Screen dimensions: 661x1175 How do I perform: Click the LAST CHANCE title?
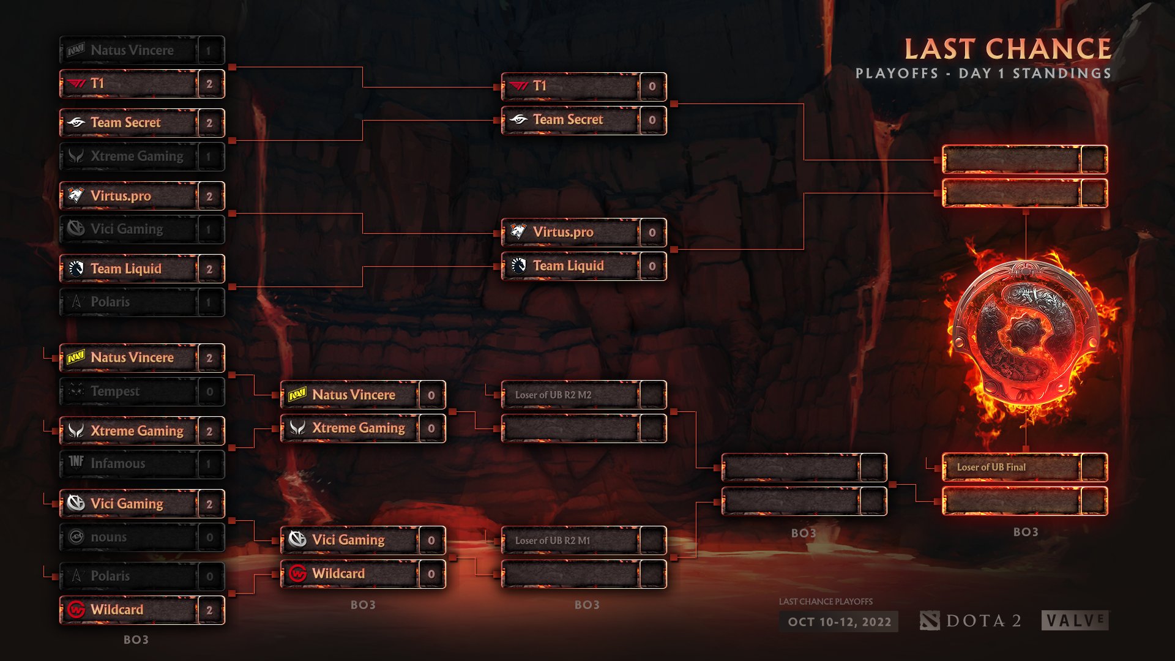1007,49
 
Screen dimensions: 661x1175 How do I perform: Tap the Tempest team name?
115,391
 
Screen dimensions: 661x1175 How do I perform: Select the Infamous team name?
117,464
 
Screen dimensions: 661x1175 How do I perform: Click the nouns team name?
108,537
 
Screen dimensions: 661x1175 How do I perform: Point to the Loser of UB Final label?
991,467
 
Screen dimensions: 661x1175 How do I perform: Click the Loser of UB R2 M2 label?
553,395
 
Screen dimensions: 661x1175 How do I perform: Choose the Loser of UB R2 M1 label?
552,540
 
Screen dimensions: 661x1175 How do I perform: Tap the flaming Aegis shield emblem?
1026,334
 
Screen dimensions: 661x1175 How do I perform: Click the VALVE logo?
1075,621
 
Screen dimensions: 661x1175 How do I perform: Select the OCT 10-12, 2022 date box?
839,622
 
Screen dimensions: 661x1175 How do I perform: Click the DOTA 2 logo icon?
929,621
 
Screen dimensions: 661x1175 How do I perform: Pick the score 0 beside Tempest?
209,392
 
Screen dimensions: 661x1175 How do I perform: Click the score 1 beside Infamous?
209,464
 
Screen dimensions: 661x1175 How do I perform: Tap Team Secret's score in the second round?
652,120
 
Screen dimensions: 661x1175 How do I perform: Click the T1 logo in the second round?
518,86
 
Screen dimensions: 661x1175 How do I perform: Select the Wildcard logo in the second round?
297,573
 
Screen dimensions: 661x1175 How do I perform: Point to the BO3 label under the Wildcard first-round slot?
136,640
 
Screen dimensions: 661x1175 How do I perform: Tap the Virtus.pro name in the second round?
562,232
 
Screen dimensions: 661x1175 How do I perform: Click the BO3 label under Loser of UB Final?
1026,532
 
